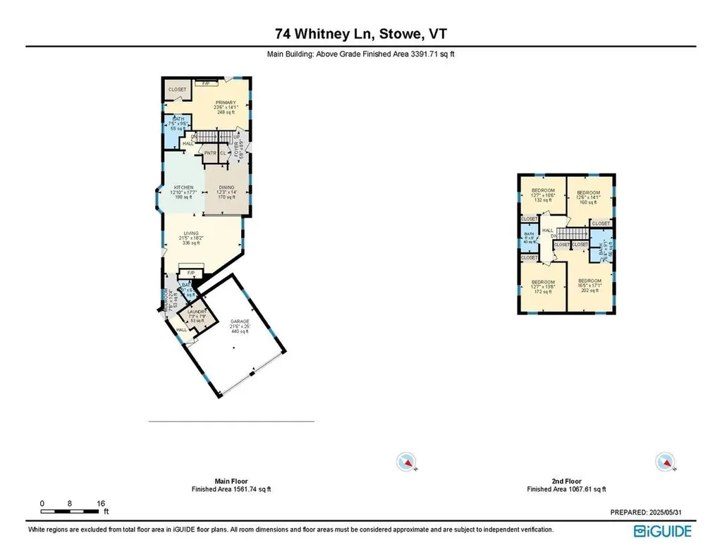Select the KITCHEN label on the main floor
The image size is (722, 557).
[x=183, y=188]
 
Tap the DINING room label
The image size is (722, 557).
[x=226, y=188]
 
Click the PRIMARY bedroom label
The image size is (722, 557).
[x=226, y=103]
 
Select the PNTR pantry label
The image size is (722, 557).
[x=210, y=152]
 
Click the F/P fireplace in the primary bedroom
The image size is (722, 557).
[x=206, y=84]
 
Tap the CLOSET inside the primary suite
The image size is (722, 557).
[x=178, y=90]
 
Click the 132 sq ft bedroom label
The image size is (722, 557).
[x=543, y=191]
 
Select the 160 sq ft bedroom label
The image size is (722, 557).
[x=588, y=193]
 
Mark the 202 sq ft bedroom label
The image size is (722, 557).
[x=590, y=281]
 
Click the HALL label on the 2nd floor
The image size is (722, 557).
[x=547, y=231]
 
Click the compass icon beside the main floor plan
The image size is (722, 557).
[x=405, y=462]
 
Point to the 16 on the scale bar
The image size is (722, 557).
[x=101, y=503]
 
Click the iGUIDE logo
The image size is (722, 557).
[x=663, y=531]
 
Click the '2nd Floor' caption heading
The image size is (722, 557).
[x=568, y=481]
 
